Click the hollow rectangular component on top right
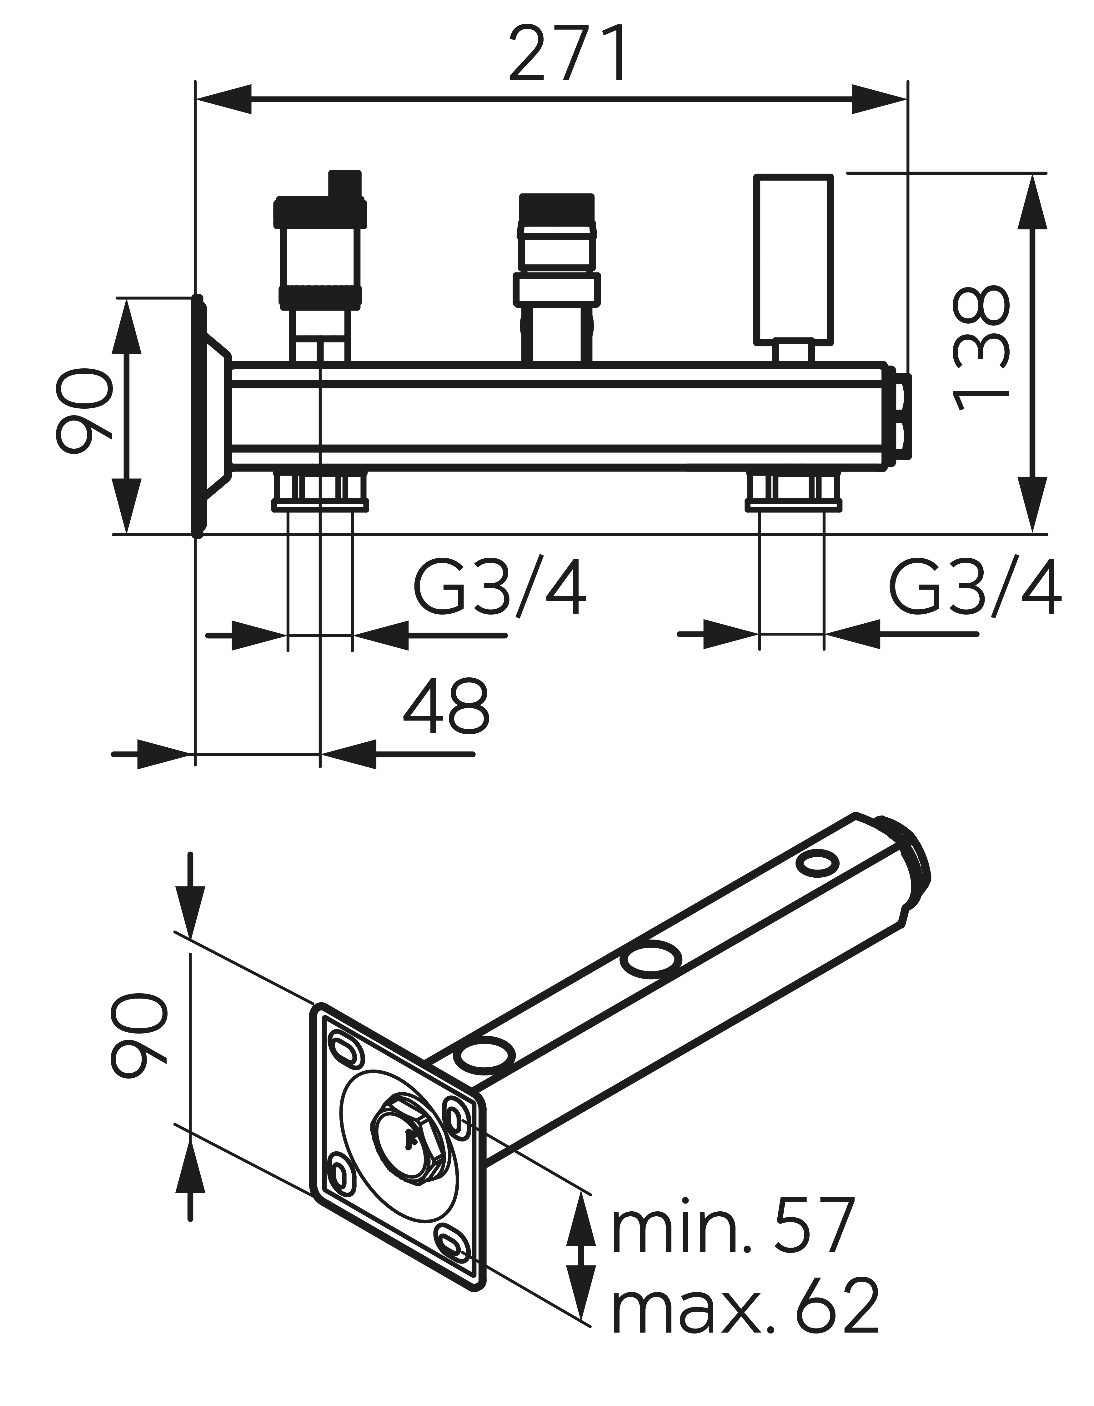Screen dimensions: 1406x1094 click(x=792, y=257)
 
